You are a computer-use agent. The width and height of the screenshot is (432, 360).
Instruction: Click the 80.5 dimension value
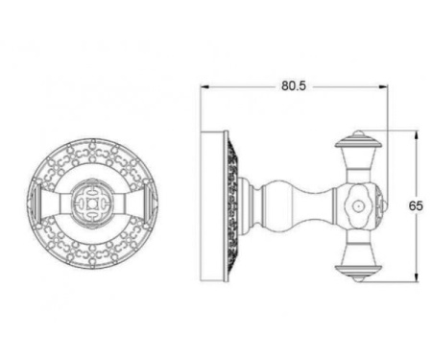coord(293,85)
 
